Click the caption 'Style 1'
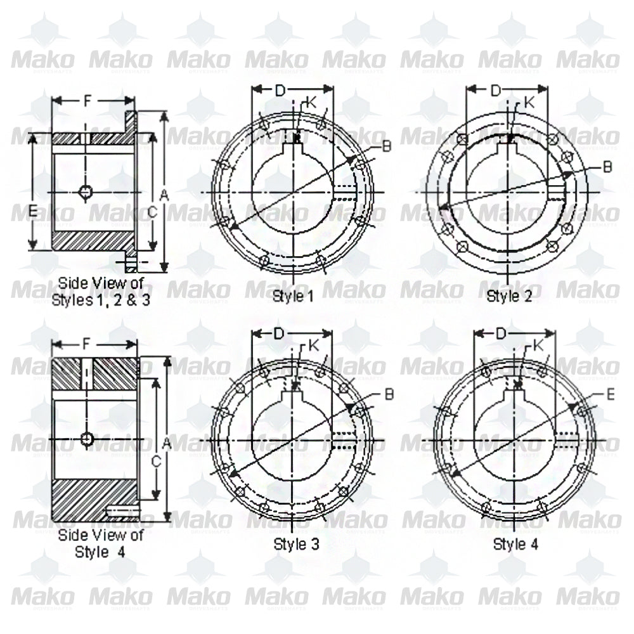pyautogui.click(x=293, y=295)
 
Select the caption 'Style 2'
pyautogui.click(x=508, y=295)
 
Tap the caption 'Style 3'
pyautogui.click(x=296, y=543)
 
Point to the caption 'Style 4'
pyautogui.click(x=515, y=543)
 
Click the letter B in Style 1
pyautogui.click(x=387, y=146)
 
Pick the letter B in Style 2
pyautogui.click(x=607, y=166)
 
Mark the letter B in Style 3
pyautogui.click(x=389, y=394)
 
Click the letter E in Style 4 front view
pyautogui.click(x=611, y=394)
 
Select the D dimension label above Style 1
pyautogui.click(x=280, y=91)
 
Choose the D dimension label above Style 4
pyautogui.click(x=501, y=333)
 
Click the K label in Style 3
pyautogui.click(x=314, y=346)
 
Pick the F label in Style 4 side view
pyautogui.click(x=87, y=344)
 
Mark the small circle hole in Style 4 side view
pyautogui.click(x=87, y=438)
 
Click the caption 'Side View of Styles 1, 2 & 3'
pyautogui.click(x=101, y=291)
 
